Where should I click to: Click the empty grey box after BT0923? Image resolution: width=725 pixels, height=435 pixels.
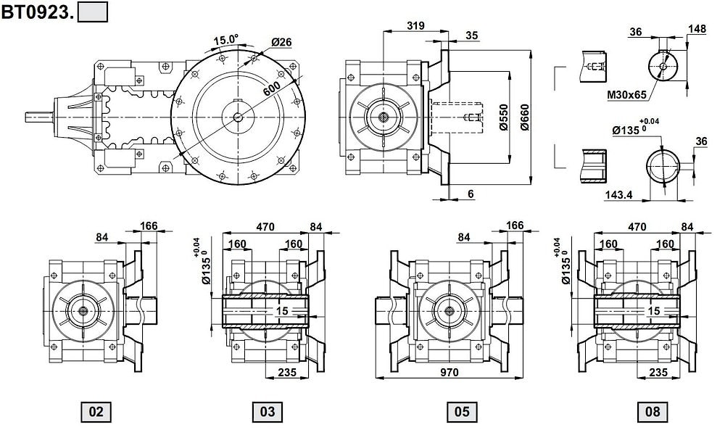(92, 12)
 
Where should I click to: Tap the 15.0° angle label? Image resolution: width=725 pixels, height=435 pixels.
(225, 40)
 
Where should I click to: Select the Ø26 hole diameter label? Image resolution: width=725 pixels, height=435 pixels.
(281, 43)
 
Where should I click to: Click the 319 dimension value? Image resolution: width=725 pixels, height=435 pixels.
(415, 25)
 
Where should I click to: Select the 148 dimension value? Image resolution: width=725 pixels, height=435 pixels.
(697, 29)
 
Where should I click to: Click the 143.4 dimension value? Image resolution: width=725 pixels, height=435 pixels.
(618, 196)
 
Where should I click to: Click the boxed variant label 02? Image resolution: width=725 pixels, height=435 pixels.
(96, 412)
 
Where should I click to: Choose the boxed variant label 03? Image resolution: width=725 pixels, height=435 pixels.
(268, 412)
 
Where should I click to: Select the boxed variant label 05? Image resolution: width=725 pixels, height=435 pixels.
(462, 412)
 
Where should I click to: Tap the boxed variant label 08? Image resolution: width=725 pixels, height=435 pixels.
(653, 412)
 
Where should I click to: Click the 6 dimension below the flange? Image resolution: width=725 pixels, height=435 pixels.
(471, 194)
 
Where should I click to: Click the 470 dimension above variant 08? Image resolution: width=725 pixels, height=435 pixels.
(637, 227)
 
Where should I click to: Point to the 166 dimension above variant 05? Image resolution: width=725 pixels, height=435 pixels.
(514, 226)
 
